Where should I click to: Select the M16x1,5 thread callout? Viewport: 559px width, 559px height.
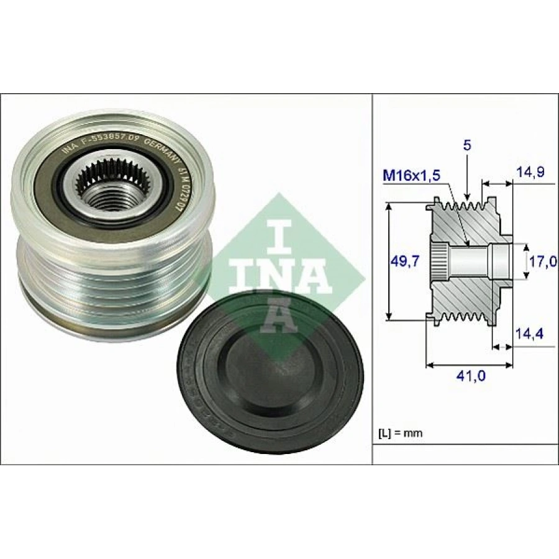[x=411, y=176]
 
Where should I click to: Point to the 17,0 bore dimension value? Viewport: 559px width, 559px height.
[x=543, y=261]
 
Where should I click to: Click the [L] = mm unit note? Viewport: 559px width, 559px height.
[x=401, y=433]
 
